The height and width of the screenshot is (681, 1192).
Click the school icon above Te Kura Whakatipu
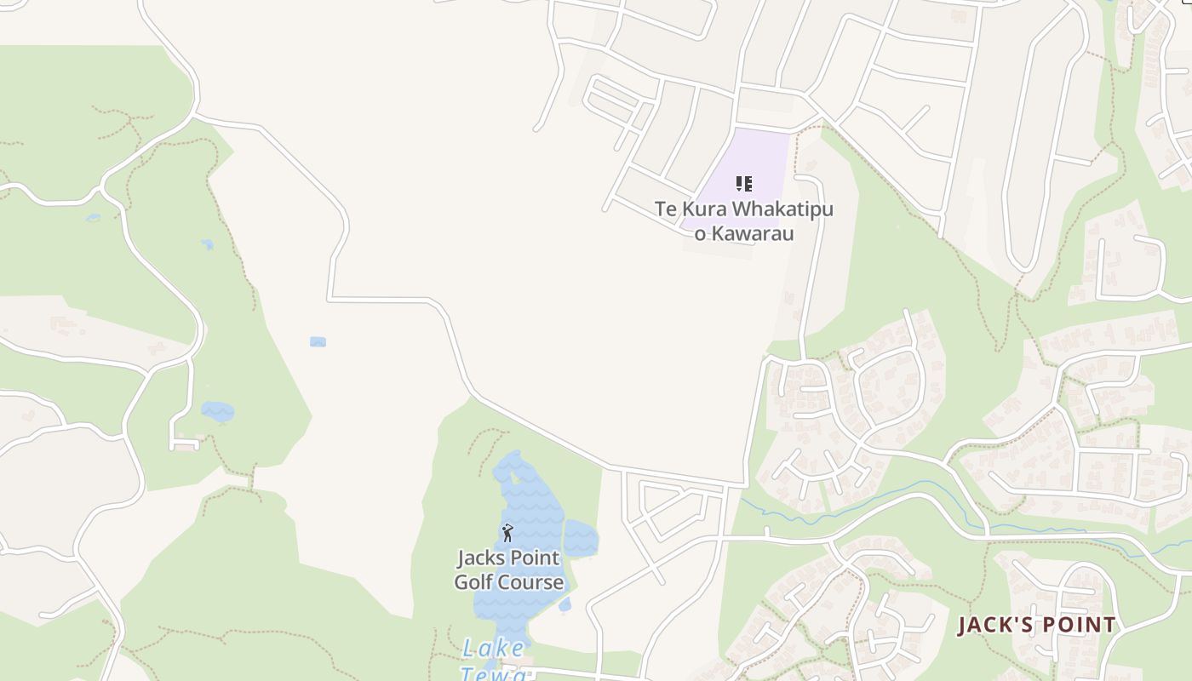click(x=744, y=184)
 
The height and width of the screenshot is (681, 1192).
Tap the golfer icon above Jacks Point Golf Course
click(x=508, y=534)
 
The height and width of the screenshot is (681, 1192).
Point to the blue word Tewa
click(x=493, y=673)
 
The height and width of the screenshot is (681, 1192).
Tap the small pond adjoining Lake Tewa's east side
click(x=581, y=538)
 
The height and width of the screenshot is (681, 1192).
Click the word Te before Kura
click(x=665, y=209)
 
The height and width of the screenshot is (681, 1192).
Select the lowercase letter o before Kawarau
click(x=700, y=233)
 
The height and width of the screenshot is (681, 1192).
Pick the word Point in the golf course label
click(x=533, y=559)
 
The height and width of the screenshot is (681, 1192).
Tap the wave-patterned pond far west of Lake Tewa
click(x=217, y=412)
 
